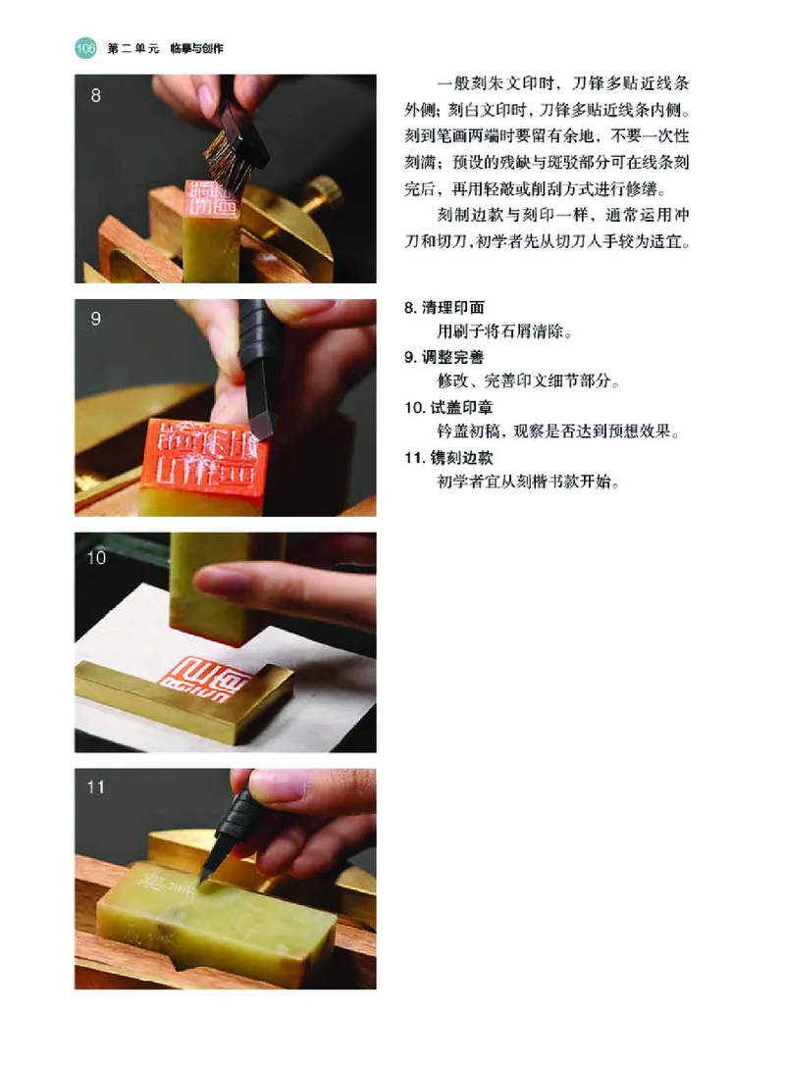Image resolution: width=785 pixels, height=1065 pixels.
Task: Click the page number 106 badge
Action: (84, 47)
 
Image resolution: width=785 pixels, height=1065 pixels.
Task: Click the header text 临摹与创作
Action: (197, 47)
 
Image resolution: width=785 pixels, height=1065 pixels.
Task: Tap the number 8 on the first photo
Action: (95, 96)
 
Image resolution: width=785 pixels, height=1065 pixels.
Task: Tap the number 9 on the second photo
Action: (95, 319)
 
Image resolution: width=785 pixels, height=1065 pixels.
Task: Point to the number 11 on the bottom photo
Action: (97, 786)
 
